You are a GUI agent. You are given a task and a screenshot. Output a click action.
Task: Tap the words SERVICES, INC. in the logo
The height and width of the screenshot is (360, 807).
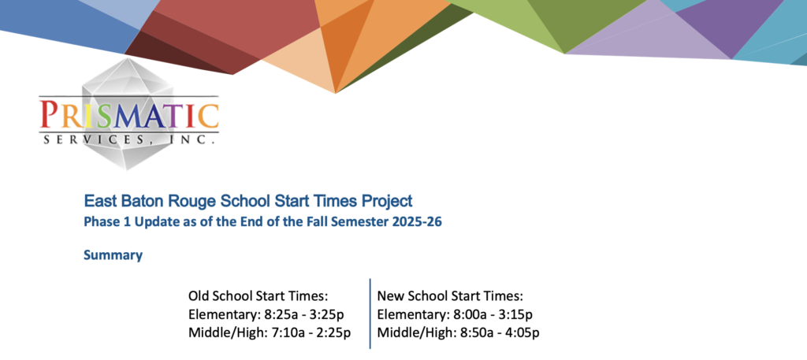(129, 139)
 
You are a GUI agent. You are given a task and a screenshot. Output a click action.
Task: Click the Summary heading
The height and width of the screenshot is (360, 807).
(113, 255)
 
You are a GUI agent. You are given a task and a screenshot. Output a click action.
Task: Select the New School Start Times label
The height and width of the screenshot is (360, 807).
(450, 296)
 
